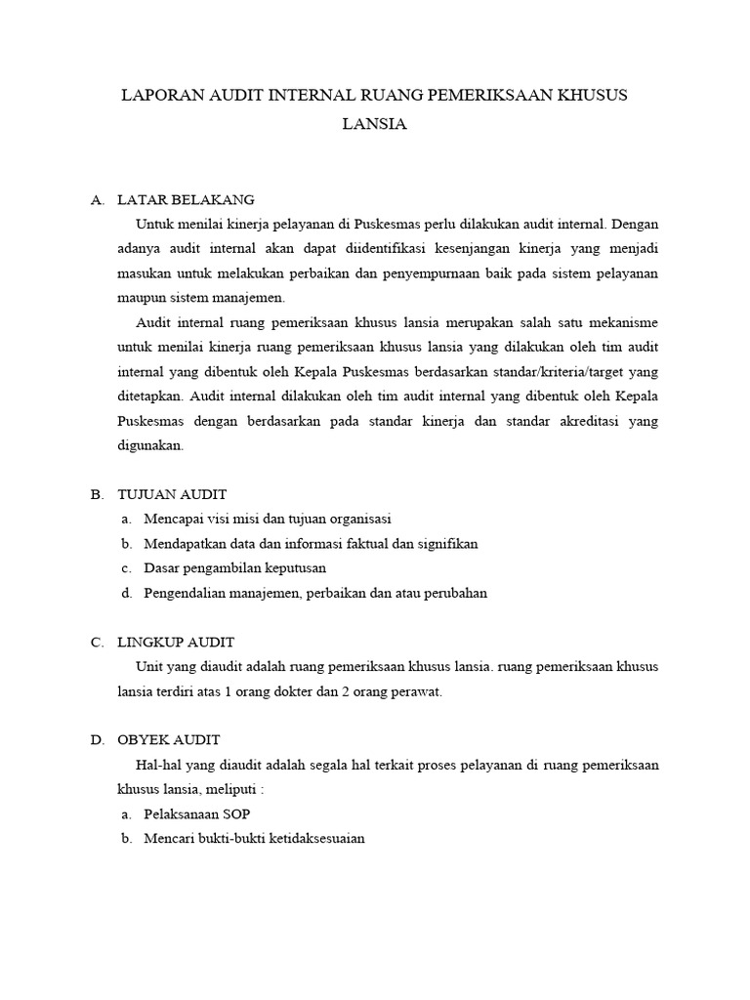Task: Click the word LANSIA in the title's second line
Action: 375,124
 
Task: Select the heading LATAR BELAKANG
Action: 186,199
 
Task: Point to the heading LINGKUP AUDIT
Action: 176,642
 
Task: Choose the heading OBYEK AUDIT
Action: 169,739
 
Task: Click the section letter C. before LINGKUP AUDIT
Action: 97,642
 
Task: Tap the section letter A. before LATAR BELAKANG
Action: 97,199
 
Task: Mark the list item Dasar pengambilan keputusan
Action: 234,568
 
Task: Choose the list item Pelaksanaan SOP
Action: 203,813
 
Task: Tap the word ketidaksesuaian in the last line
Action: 311,838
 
